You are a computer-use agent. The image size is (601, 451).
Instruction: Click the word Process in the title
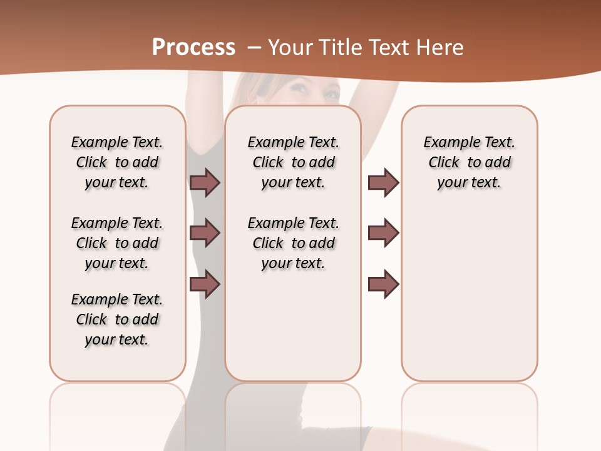coord(193,48)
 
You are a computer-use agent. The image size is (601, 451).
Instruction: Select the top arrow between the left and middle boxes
coord(205,182)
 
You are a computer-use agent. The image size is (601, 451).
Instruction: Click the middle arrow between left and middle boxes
coord(205,233)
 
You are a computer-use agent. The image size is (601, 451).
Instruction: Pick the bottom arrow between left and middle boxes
coord(205,284)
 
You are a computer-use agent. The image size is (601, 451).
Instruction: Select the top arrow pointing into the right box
coord(383,182)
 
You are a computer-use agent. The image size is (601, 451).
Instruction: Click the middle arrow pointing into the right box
coord(383,233)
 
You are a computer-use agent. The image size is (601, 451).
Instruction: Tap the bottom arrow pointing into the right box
coord(383,284)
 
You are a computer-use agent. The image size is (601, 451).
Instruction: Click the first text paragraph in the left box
coord(117,162)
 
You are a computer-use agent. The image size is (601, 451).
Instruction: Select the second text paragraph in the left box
coord(117,243)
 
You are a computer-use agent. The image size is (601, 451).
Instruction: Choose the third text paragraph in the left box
coord(117,319)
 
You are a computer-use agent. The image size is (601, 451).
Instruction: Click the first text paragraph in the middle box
coord(294,162)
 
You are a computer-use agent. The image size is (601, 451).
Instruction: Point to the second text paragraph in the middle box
coord(294,243)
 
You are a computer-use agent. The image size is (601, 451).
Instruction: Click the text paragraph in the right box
coord(470,162)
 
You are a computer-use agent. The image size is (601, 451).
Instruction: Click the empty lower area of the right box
coord(470,301)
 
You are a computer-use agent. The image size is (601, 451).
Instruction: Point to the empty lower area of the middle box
coord(294,332)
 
